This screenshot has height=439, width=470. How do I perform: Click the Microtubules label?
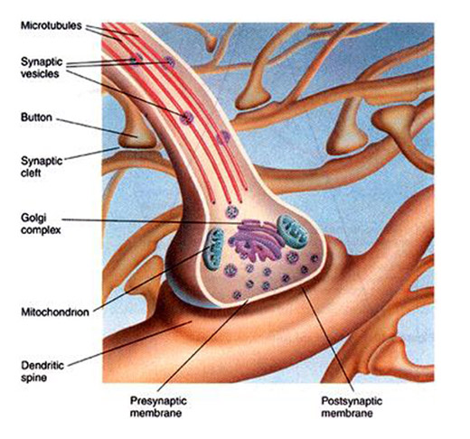coord(52,25)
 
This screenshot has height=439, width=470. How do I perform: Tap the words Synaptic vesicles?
coord(42,68)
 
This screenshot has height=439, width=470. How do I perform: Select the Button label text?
coord(36,117)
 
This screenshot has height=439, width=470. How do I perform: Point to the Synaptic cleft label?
coord(42,167)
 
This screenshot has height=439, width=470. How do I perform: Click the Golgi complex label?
coord(41,224)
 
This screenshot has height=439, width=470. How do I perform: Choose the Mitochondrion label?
coord(55,312)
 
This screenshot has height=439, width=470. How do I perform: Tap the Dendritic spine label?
coord(42,371)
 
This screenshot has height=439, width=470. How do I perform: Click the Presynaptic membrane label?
coord(158,406)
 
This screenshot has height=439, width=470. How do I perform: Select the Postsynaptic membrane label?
coord(352,406)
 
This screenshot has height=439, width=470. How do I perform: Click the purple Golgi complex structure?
coord(256,240)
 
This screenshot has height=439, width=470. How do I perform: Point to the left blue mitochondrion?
coord(213,249)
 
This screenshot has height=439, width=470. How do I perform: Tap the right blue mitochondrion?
coord(292,231)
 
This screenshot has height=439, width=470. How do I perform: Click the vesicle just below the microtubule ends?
coord(232,212)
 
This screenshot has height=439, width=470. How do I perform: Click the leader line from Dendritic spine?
coord(130,344)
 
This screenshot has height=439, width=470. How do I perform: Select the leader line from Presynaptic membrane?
coord(202,345)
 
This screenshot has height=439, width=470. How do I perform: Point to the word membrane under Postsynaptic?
coord(347,413)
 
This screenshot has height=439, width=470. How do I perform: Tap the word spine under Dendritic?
coord(33,378)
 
